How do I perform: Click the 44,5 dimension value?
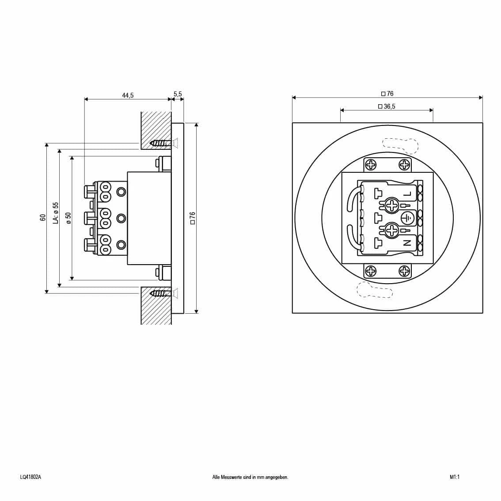point(128,95)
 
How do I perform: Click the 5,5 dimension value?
point(178,94)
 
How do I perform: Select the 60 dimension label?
point(43,217)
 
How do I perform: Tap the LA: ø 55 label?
point(55,213)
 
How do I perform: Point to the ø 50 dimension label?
point(68,218)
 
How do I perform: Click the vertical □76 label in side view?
point(192,218)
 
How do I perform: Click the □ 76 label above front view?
point(387,94)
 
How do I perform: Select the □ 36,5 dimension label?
point(387,106)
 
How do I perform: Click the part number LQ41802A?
point(30,477)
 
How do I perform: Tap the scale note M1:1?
point(455,477)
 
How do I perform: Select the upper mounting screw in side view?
point(161,143)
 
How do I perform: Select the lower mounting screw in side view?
point(161,293)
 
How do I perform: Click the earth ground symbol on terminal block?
point(407,218)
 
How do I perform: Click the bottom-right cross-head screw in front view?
point(404,271)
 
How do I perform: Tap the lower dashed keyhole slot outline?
point(375,290)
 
